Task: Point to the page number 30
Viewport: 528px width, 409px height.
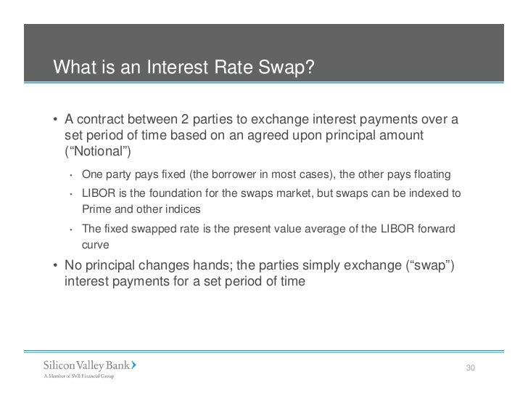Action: pos(470,369)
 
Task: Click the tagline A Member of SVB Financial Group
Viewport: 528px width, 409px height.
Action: pos(80,376)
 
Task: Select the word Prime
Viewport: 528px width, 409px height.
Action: pos(94,209)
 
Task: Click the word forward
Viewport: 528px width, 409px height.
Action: pos(437,229)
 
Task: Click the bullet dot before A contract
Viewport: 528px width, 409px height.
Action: pos(56,120)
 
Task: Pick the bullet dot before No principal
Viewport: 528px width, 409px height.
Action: pos(56,264)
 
